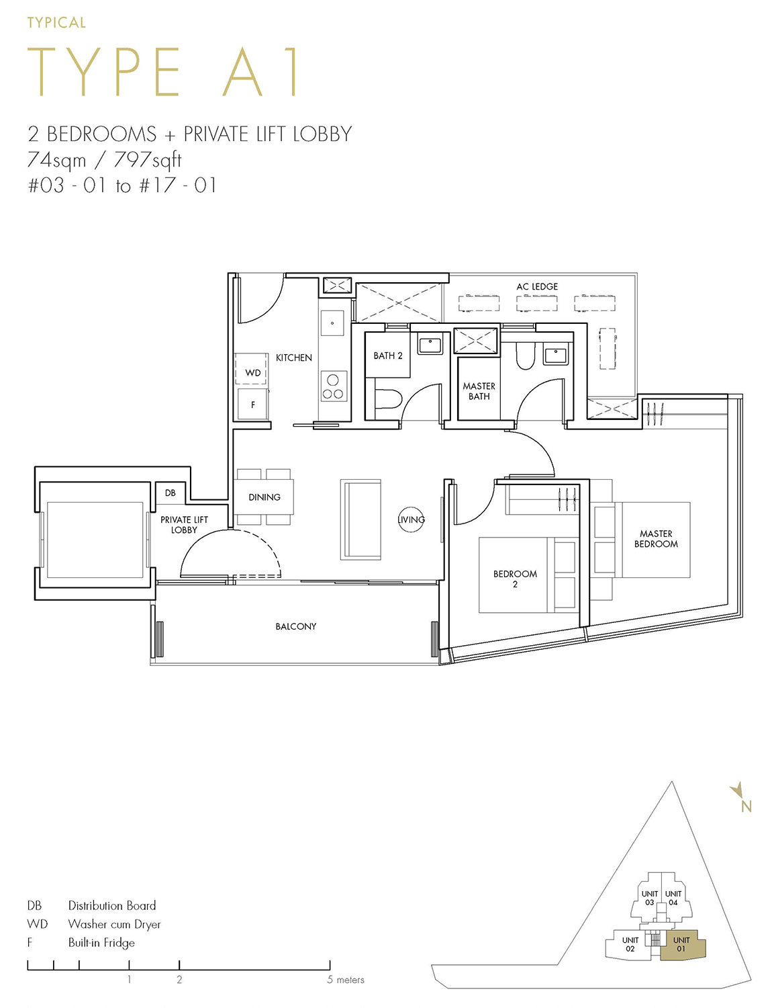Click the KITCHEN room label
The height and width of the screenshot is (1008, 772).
[x=293, y=358]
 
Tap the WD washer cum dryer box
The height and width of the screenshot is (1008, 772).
[x=252, y=372]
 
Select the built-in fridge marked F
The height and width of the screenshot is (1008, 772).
[x=252, y=405]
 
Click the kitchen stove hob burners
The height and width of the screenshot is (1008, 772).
[x=333, y=386]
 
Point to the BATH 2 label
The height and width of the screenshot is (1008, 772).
[x=388, y=355]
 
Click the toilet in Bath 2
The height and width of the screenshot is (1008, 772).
[x=387, y=399]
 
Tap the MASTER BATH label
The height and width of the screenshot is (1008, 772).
[x=479, y=391]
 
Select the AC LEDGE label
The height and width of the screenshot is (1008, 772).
[x=537, y=286]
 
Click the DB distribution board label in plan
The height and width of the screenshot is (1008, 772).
[x=171, y=493]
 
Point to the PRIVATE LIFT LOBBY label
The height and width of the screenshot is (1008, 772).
[x=184, y=524]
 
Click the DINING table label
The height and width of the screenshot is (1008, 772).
[x=264, y=497]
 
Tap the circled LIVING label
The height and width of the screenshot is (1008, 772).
[x=411, y=519]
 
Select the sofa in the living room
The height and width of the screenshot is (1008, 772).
[x=361, y=519]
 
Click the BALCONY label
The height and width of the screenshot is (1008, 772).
[x=295, y=626]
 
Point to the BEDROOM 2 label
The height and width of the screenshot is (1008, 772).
[x=515, y=579]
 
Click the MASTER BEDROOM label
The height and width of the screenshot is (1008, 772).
[x=656, y=538]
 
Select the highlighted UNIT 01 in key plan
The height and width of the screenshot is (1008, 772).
[x=681, y=944]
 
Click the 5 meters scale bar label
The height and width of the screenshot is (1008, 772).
[x=346, y=980]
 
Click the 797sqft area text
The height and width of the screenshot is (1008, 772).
[x=148, y=160]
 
